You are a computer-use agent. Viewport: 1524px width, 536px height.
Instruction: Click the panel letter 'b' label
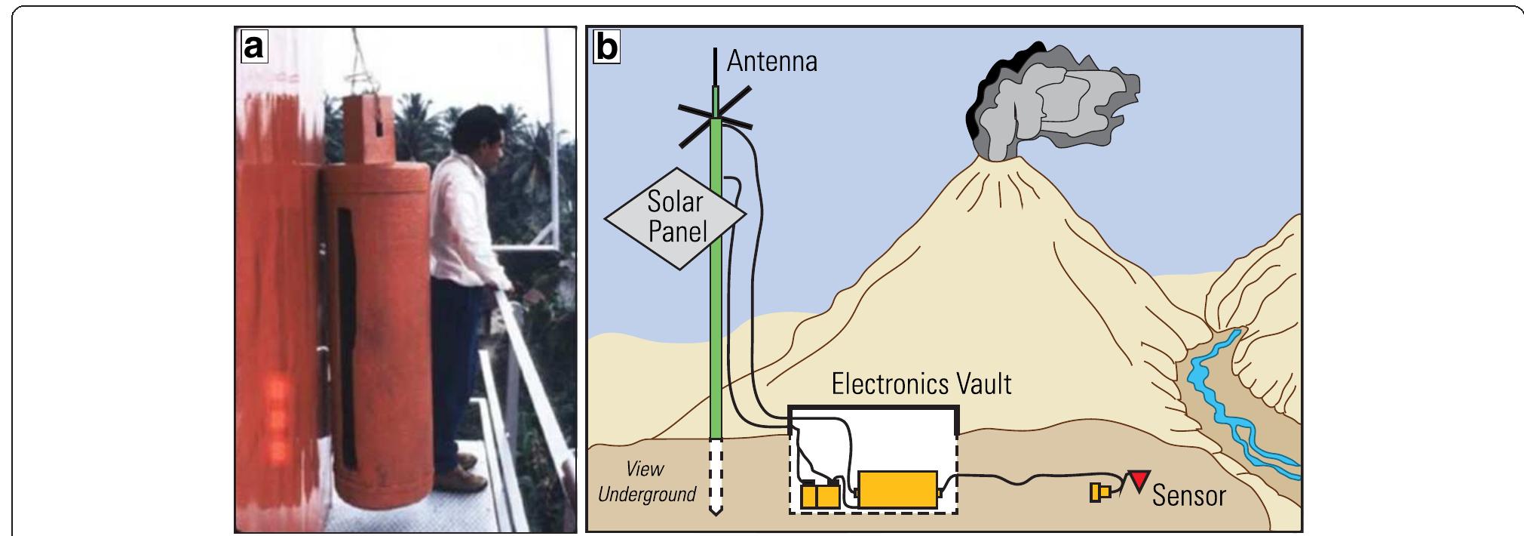click(x=606, y=47)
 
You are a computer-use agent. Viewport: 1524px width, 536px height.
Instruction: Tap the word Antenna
click(x=771, y=61)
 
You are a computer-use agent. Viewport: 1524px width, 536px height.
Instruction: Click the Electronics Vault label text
click(x=921, y=384)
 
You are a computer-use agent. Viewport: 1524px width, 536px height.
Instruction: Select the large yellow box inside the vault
click(x=897, y=490)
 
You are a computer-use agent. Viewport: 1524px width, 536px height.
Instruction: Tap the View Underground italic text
click(x=646, y=482)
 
